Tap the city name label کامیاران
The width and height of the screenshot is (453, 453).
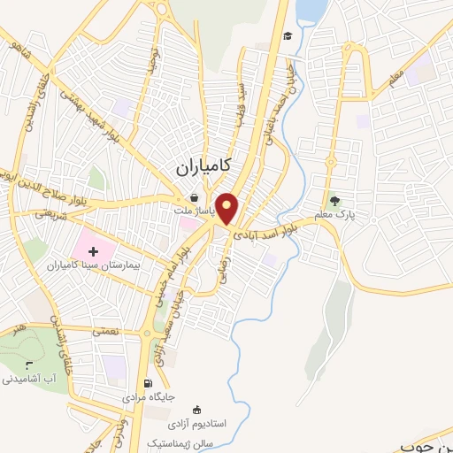point(203,165)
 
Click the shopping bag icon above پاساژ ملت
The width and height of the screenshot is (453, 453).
point(193,198)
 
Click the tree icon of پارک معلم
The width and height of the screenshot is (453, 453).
point(334,201)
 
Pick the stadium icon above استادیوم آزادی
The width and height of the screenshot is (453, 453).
point(196,410)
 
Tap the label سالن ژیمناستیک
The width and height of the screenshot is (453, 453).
point(180,441)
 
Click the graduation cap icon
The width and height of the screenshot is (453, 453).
point(288,35)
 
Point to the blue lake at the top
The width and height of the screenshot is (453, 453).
point(310,12)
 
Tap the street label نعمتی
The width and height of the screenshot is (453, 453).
point(102,329)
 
